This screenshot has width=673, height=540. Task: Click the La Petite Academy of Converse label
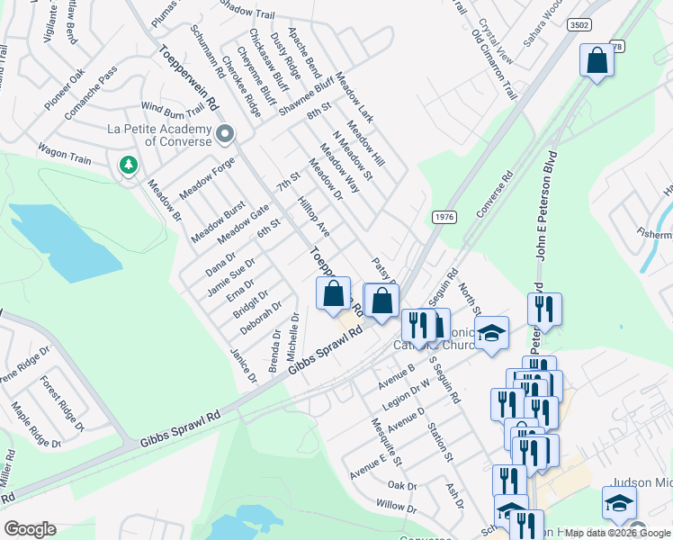160,135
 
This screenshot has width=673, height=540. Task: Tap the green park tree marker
129,165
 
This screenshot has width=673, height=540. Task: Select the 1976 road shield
444,217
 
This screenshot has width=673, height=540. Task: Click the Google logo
31,528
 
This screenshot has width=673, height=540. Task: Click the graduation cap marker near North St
491,334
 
